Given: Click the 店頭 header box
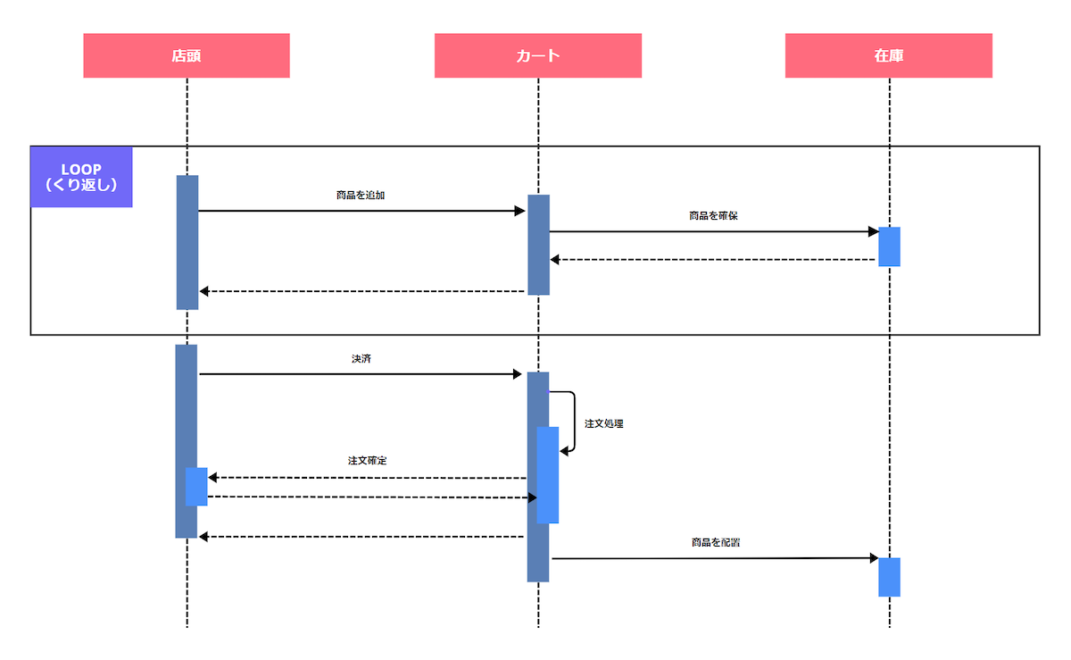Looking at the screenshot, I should (187, 55).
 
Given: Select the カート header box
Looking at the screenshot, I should (538, 55).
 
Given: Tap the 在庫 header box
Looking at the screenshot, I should (889, 55).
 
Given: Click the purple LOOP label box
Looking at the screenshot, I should (81, 177).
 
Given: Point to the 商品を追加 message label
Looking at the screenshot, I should (361, 195).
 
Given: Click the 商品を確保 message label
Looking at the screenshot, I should (713, 216).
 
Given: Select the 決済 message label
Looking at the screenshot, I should (361, 358).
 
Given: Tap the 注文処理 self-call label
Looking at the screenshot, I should (604, 423).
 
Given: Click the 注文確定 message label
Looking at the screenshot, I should (367, 461).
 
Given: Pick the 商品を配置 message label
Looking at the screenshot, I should (715, 542).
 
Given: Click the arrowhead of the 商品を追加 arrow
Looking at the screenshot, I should (520, 211).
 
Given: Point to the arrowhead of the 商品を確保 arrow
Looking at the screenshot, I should (874, 232).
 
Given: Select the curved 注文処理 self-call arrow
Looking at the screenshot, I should (572, 422).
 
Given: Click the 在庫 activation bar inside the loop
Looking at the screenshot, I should (889, 246).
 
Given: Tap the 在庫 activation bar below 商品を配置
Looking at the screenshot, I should (889, 577).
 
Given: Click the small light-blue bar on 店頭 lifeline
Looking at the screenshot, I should (196, 487).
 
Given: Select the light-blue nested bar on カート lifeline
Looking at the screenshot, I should (548, 475).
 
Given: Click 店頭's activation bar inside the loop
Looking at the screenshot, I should (187, 242).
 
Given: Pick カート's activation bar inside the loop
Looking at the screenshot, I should (538, 245).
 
